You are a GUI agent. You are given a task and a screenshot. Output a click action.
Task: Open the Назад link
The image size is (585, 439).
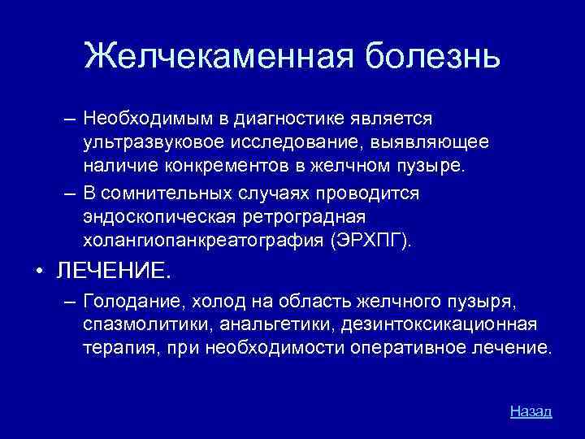coord(531,411)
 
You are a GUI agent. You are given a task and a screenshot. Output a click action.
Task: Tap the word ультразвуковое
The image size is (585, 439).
coord(151,143)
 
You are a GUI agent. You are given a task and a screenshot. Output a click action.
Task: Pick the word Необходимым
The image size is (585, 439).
coord(146,120)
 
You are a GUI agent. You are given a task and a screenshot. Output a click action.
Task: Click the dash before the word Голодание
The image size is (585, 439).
coord(70,302)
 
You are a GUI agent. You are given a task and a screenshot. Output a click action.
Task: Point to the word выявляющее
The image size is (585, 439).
coord(439,143)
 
